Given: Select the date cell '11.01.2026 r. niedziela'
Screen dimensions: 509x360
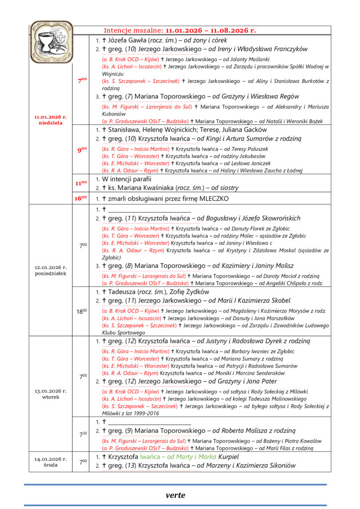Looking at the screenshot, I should pos(50,120).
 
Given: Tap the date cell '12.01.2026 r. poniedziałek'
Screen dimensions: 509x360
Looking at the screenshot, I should pos(50,270).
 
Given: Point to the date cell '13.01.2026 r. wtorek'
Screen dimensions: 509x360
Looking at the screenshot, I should pos(50,394).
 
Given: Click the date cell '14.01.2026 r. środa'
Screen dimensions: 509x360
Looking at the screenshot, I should pos(50,462).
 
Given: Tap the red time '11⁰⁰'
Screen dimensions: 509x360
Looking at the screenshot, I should pos(81,183).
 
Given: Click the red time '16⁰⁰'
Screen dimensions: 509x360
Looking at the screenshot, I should pos(81,198).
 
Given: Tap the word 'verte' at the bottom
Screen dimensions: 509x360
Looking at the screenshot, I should pos(176,495).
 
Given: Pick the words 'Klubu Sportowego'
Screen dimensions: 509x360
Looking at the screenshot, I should pos(117,332).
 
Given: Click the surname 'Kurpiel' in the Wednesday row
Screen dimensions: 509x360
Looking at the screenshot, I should pos(228,456).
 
